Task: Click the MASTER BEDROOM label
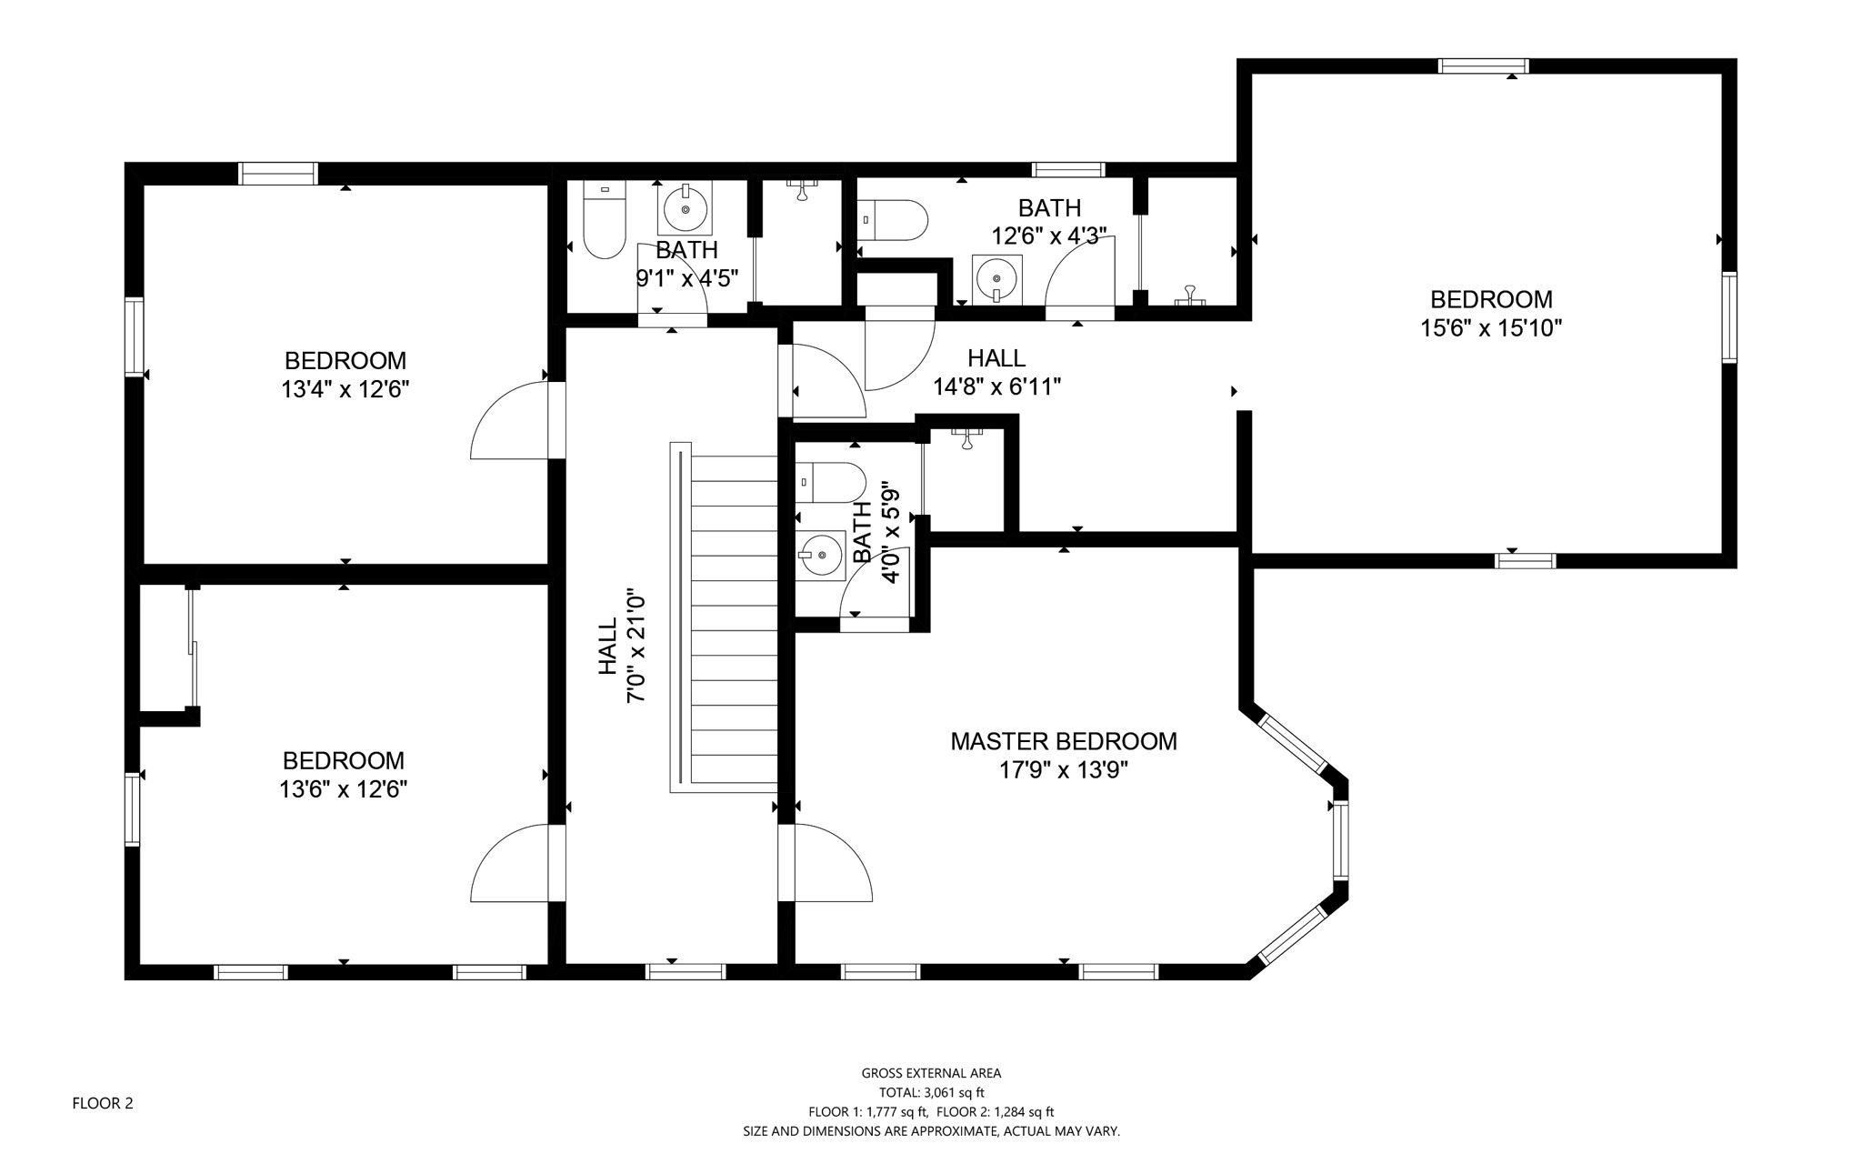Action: (x=1063, y=741)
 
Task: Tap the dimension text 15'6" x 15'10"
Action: (x=1491, y=328)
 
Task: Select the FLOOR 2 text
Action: (x=103, y=1103)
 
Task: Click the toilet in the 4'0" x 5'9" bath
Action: (x=829, y=483)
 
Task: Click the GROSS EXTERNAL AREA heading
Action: (x=931, y=1073)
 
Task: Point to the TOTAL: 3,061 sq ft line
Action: (x=931, y=1093)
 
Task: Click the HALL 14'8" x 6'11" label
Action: (x=996, y=372)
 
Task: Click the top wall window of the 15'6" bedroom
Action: (x=1483, y=65)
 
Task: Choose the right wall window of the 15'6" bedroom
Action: (x=1729, y=317)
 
